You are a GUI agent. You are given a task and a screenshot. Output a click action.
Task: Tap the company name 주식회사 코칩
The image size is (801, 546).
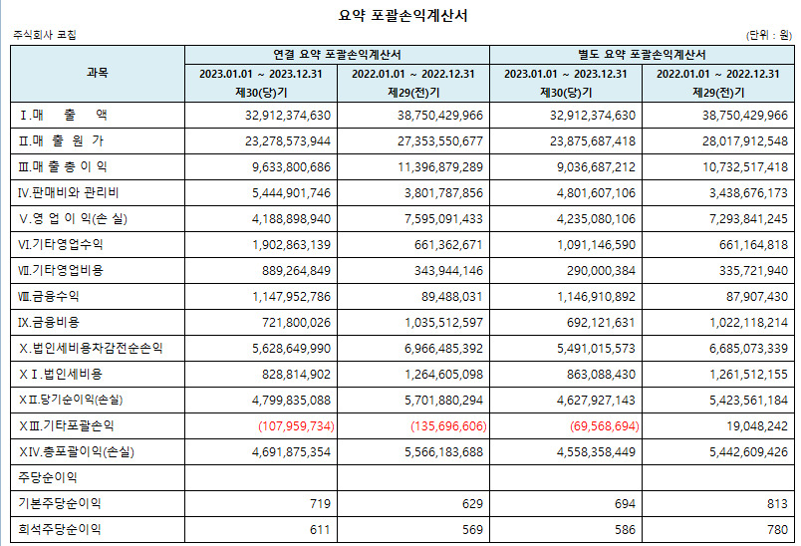[45, 35]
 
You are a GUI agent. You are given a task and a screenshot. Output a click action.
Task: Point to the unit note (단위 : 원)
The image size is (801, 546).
[769, 35]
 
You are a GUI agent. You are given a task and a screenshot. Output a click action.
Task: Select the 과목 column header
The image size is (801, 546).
[98, 73]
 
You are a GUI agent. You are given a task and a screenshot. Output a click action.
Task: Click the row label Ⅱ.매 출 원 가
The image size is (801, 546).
[62, 140]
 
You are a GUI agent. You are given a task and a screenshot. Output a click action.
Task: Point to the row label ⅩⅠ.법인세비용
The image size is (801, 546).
[62, 374]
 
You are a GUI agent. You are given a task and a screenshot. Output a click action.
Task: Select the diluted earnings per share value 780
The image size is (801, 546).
[775, 530]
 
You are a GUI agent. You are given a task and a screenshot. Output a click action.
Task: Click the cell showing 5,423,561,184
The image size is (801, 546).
[730, 401]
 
